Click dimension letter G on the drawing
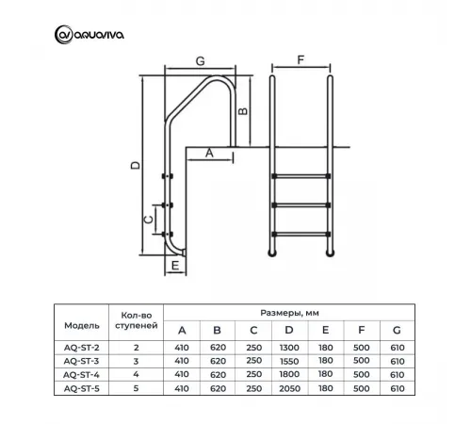(x=200, y=60)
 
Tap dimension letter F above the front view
(x=300, y=59)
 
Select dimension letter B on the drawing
(x=243, y=110)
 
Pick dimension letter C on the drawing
(x=148, y=219)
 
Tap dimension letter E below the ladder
(x=176, y=267)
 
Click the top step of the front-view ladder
(x=301, y=175)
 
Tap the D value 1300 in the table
(x=288, y=347)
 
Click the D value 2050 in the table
(x=288, y=385)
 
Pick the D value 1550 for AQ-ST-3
(x=288, y=360)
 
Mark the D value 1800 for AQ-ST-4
(x=288, y=372)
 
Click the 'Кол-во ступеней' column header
(x=132, y=318)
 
